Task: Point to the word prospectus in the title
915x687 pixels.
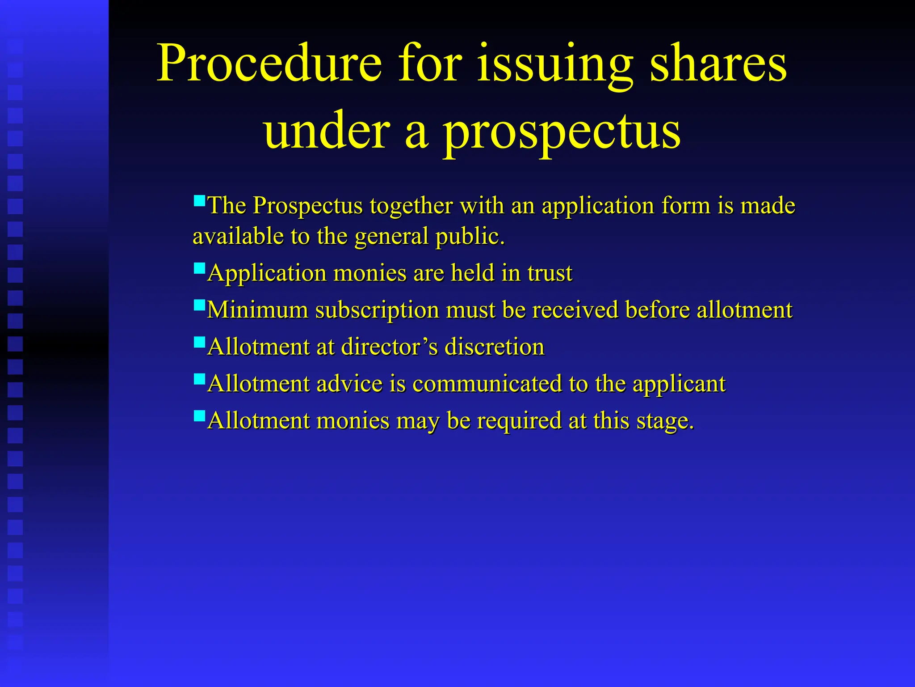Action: [562, 132]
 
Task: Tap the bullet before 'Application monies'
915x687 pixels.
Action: [199, 267]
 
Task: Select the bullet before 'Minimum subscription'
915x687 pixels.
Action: [199, 305]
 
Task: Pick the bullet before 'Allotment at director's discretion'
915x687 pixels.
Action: [199, 342]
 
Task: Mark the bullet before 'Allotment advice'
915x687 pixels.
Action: [199, 379]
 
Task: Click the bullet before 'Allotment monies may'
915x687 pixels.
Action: [199, 416]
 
